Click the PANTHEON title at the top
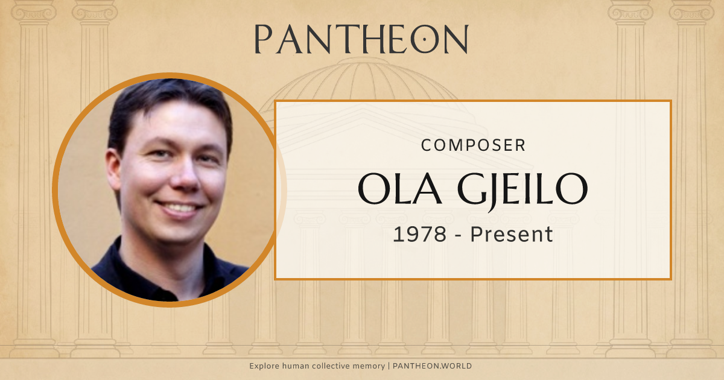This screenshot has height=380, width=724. pyautogui.click(x=361, y=39)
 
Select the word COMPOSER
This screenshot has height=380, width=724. pyautogui.click(x=473, y=145)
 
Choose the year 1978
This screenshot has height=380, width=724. pyautogui.click(x=420, y=234)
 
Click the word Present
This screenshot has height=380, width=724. pyautogui.click(x=512, y=234)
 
